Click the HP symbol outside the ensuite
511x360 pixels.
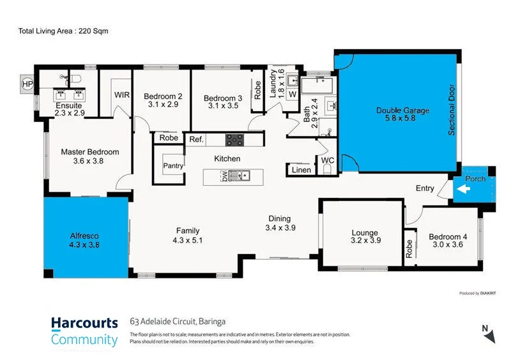click(27, 84)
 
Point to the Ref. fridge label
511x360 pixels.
click(195, 139)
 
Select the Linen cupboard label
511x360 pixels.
click(301, 170)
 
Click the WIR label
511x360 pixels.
click(123, 95)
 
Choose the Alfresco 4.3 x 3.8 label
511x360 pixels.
click(84, 239)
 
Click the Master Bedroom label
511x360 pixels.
click(90, 152)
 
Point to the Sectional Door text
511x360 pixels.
click(451, 110)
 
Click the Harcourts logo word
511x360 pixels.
click(84, 323)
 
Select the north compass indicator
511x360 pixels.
click(487, 331)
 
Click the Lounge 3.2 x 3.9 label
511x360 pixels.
click(364, 237)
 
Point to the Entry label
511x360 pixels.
click(425, 188)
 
